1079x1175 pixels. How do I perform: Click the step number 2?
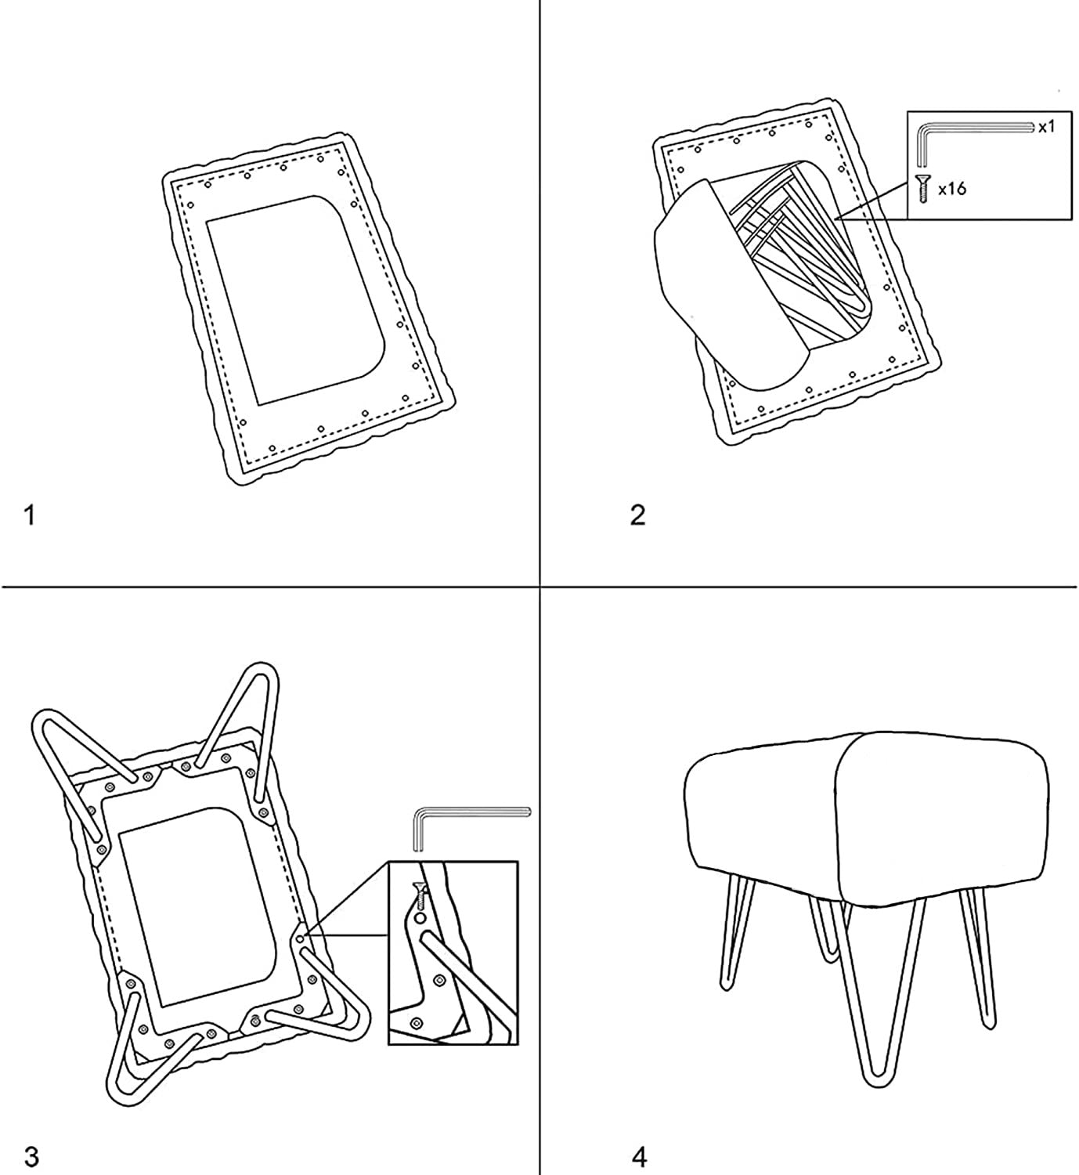[x=638, y=515]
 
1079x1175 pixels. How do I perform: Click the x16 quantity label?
[x=952, y=189]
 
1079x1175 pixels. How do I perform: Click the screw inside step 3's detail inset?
[x=420, y=893]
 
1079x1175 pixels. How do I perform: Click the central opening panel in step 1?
[x=296, y=299]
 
